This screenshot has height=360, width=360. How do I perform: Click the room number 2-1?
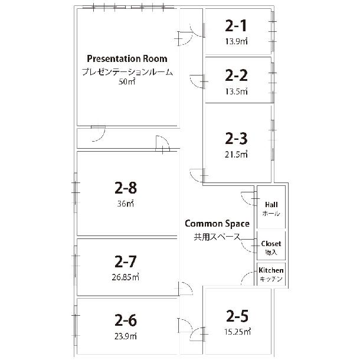point(236,25)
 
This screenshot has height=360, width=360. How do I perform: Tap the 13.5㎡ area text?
point(236,91)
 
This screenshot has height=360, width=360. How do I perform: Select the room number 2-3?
point(236,139)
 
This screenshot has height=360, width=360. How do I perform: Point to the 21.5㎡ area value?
point(236,154)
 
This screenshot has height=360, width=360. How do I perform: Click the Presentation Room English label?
point(127,59)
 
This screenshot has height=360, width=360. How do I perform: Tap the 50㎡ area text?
point(127,81)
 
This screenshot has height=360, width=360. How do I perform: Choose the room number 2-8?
point(126,188)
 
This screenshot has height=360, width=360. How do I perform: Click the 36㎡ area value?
point(125,204)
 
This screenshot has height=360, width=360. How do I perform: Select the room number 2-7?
point(126,261)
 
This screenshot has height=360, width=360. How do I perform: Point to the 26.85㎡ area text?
point(126,277)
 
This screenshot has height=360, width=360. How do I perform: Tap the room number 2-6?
point(126,320)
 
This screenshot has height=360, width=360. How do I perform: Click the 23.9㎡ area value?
point(126,336)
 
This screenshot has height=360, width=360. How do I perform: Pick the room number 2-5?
point(237,316)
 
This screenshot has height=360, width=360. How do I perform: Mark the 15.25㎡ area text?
point(237,332)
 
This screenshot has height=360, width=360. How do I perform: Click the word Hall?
point(271,205)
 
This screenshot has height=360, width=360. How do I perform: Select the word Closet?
point(271,244)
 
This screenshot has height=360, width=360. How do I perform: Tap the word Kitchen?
point(271,270)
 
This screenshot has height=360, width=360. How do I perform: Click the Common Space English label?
point(217,224)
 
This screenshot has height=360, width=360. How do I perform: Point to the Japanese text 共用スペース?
point(217,237)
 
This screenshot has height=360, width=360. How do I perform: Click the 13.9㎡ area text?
point(236,41)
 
